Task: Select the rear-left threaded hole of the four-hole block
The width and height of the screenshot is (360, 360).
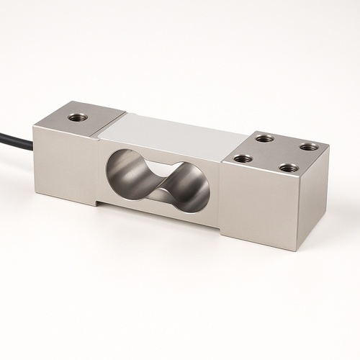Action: [264, 138]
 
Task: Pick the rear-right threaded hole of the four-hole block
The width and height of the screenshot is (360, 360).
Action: [308, 147]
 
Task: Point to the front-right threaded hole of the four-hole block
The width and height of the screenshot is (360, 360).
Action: [288, 168]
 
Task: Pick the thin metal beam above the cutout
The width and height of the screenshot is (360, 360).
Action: [162, 148]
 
